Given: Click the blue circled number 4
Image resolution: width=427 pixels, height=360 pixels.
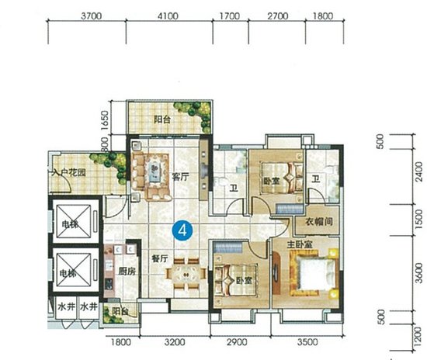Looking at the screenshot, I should click(x=182, y=229).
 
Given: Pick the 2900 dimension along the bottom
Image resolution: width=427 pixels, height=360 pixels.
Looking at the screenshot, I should click(x=238, y=341).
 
